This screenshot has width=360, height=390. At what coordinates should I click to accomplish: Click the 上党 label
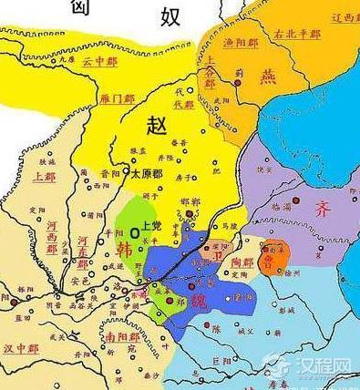(151, 221)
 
